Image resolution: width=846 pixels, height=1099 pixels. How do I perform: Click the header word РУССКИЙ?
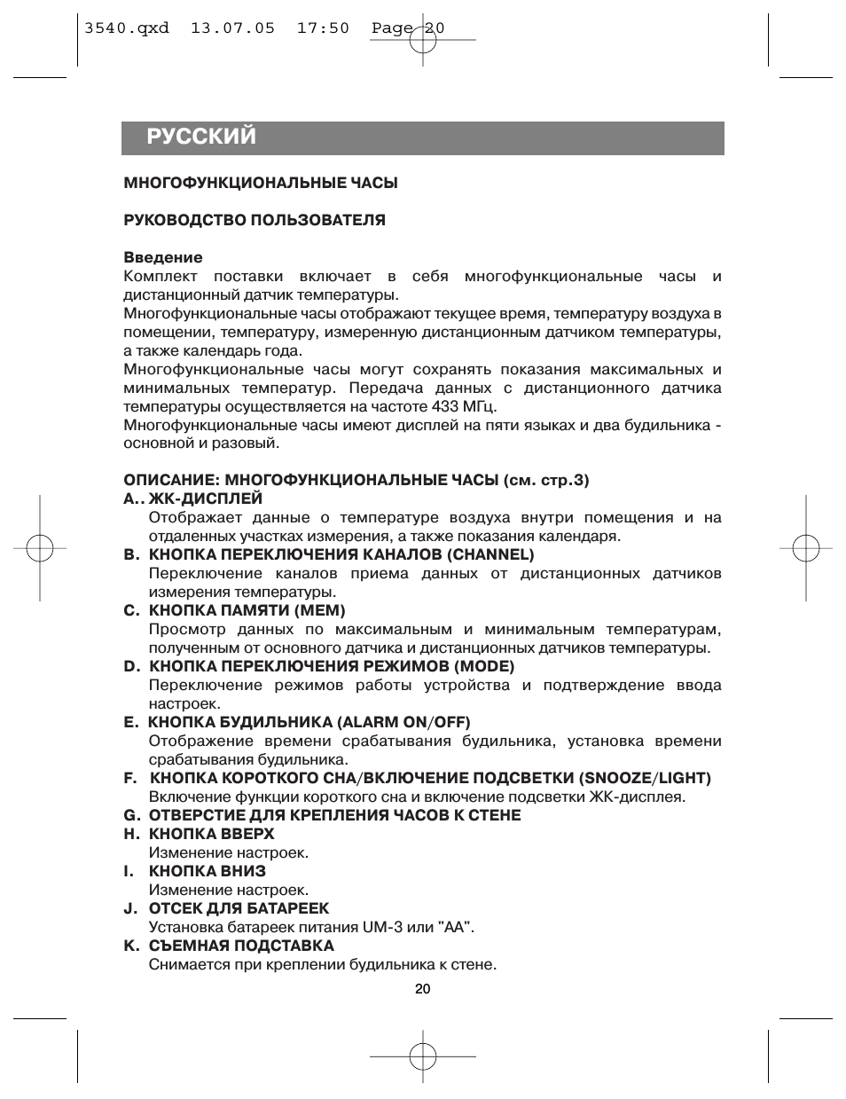click(201, 137)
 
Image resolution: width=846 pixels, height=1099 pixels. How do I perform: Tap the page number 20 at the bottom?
click(422, 989)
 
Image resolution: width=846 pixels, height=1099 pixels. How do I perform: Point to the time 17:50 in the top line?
click(323, 28)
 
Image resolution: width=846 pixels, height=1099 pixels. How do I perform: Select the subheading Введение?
click(163, 257)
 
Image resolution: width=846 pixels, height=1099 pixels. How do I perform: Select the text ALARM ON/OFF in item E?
click(403, 722)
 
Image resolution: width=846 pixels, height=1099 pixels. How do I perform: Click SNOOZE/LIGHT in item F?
click(645, 778)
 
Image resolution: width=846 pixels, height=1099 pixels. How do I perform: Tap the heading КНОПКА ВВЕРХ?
click(211, 834)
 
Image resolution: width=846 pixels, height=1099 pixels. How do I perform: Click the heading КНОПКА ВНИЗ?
click(207, 871)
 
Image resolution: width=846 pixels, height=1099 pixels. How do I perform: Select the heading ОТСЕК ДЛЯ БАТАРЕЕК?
click(239, 908)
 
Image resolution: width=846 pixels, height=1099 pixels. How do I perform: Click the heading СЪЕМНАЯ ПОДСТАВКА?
click(241, 946)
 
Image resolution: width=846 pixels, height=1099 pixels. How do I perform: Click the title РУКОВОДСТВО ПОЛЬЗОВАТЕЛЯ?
click(255, 220)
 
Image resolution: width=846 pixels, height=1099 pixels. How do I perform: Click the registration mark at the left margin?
click(41, 549)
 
